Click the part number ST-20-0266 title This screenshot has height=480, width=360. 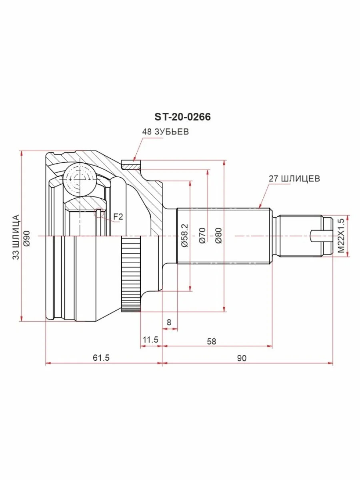tap(182, 117)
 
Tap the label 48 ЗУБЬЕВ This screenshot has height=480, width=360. tap(166, 132)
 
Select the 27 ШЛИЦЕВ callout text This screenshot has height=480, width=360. tap(294, 179)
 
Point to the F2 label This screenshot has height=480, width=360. tap(118, 217)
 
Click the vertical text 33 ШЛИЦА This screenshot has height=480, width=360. tap(16, 237)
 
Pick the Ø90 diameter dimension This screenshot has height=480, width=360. tap(27, 238)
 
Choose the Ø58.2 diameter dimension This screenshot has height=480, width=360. tap(185, 235)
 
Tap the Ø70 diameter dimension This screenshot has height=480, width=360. tap(202, 236)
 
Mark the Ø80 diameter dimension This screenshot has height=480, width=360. tap(218, 236)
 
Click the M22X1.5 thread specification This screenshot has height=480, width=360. tap(341, 236)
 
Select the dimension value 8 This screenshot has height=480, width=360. tap(169, 322)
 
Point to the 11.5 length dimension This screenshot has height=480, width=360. tap(150, 340)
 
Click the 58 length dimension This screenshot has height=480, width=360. tap(211, 341)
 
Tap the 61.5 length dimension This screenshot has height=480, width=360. tap(101, 358)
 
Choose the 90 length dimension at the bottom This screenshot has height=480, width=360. tap(242, 358)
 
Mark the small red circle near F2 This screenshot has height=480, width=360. tap(99, 212)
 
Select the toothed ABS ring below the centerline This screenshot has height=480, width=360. tap(131, 274)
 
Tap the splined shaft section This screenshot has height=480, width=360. tap(224, 236)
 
